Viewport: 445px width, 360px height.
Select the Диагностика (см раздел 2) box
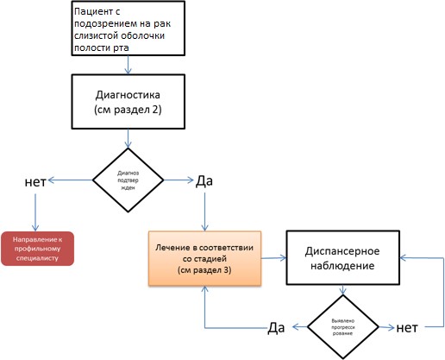coord(128,102)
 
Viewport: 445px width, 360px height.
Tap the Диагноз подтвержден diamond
coord(128,180)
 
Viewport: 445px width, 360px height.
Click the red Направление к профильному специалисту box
coord(37,249)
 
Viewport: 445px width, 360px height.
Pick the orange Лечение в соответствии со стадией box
coord(204,258)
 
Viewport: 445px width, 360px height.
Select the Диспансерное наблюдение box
coord(343,258)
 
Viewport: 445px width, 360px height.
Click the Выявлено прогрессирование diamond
coord(343,327)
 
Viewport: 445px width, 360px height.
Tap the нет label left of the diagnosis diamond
coord(35,182)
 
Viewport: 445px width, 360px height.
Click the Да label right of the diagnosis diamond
coord(204,181)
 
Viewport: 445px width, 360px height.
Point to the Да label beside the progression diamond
coord(276,328)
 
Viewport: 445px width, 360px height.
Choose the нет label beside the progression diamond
coord(407,328)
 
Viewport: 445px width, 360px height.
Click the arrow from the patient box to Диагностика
coord(128,65)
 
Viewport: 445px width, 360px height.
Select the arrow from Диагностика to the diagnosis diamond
coord(128,138)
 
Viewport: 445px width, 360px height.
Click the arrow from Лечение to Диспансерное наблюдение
coord(273,258)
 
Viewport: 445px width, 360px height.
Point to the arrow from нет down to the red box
coord(35,212)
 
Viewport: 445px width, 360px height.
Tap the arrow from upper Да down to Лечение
coord(204,212)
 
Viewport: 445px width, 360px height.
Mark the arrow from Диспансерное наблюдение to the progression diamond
coord(342,290)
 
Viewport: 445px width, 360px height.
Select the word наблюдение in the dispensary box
coord(342,266)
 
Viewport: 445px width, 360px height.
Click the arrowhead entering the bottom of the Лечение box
coord(204,288)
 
